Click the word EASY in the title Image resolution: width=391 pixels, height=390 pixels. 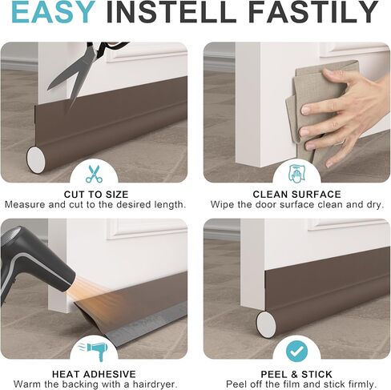53,12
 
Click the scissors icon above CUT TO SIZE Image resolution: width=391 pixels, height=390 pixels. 94,174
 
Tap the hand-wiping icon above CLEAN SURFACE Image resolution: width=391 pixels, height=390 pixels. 296,174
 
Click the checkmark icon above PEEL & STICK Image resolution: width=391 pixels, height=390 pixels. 296,352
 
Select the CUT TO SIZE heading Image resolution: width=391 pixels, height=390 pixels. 96,194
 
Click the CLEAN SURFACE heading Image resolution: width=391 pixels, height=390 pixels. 296,194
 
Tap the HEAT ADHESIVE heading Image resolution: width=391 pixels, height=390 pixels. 94,374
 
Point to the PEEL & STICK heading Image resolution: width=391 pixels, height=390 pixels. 296,374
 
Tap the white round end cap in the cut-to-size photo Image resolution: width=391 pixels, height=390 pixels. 36,159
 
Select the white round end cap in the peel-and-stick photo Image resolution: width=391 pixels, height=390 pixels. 266,324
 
